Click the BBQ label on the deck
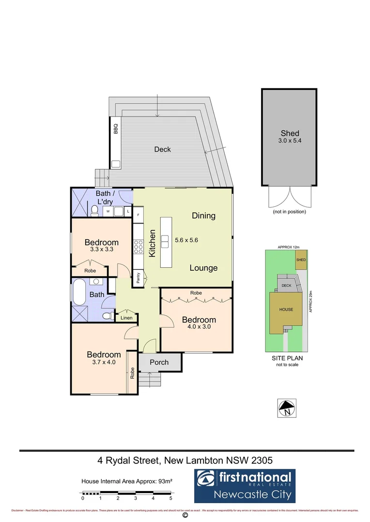pyautogui.click(x=116, y=129)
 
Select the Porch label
pyautogui.click(x=159, y=362)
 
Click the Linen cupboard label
pyautogui.click(x=126, y=318)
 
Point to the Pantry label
pyautogui.click(x=139, y=277)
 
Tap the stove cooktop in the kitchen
pyautogui.click(x=138, y=247)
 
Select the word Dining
pyautogui.click(x=203, y=216)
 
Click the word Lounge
pyautogui.click(x=203, y=268)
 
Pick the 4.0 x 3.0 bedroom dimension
pyautogui.click(x=199, y=327)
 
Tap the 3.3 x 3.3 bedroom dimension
pyautogui.click(x=101, y=250)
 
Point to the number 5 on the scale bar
pyautogui.click(x=170, y=498)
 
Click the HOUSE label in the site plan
pyautogui.click(x=286, y=309)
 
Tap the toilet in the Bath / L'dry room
pyautogui.click(x=94, y=210)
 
